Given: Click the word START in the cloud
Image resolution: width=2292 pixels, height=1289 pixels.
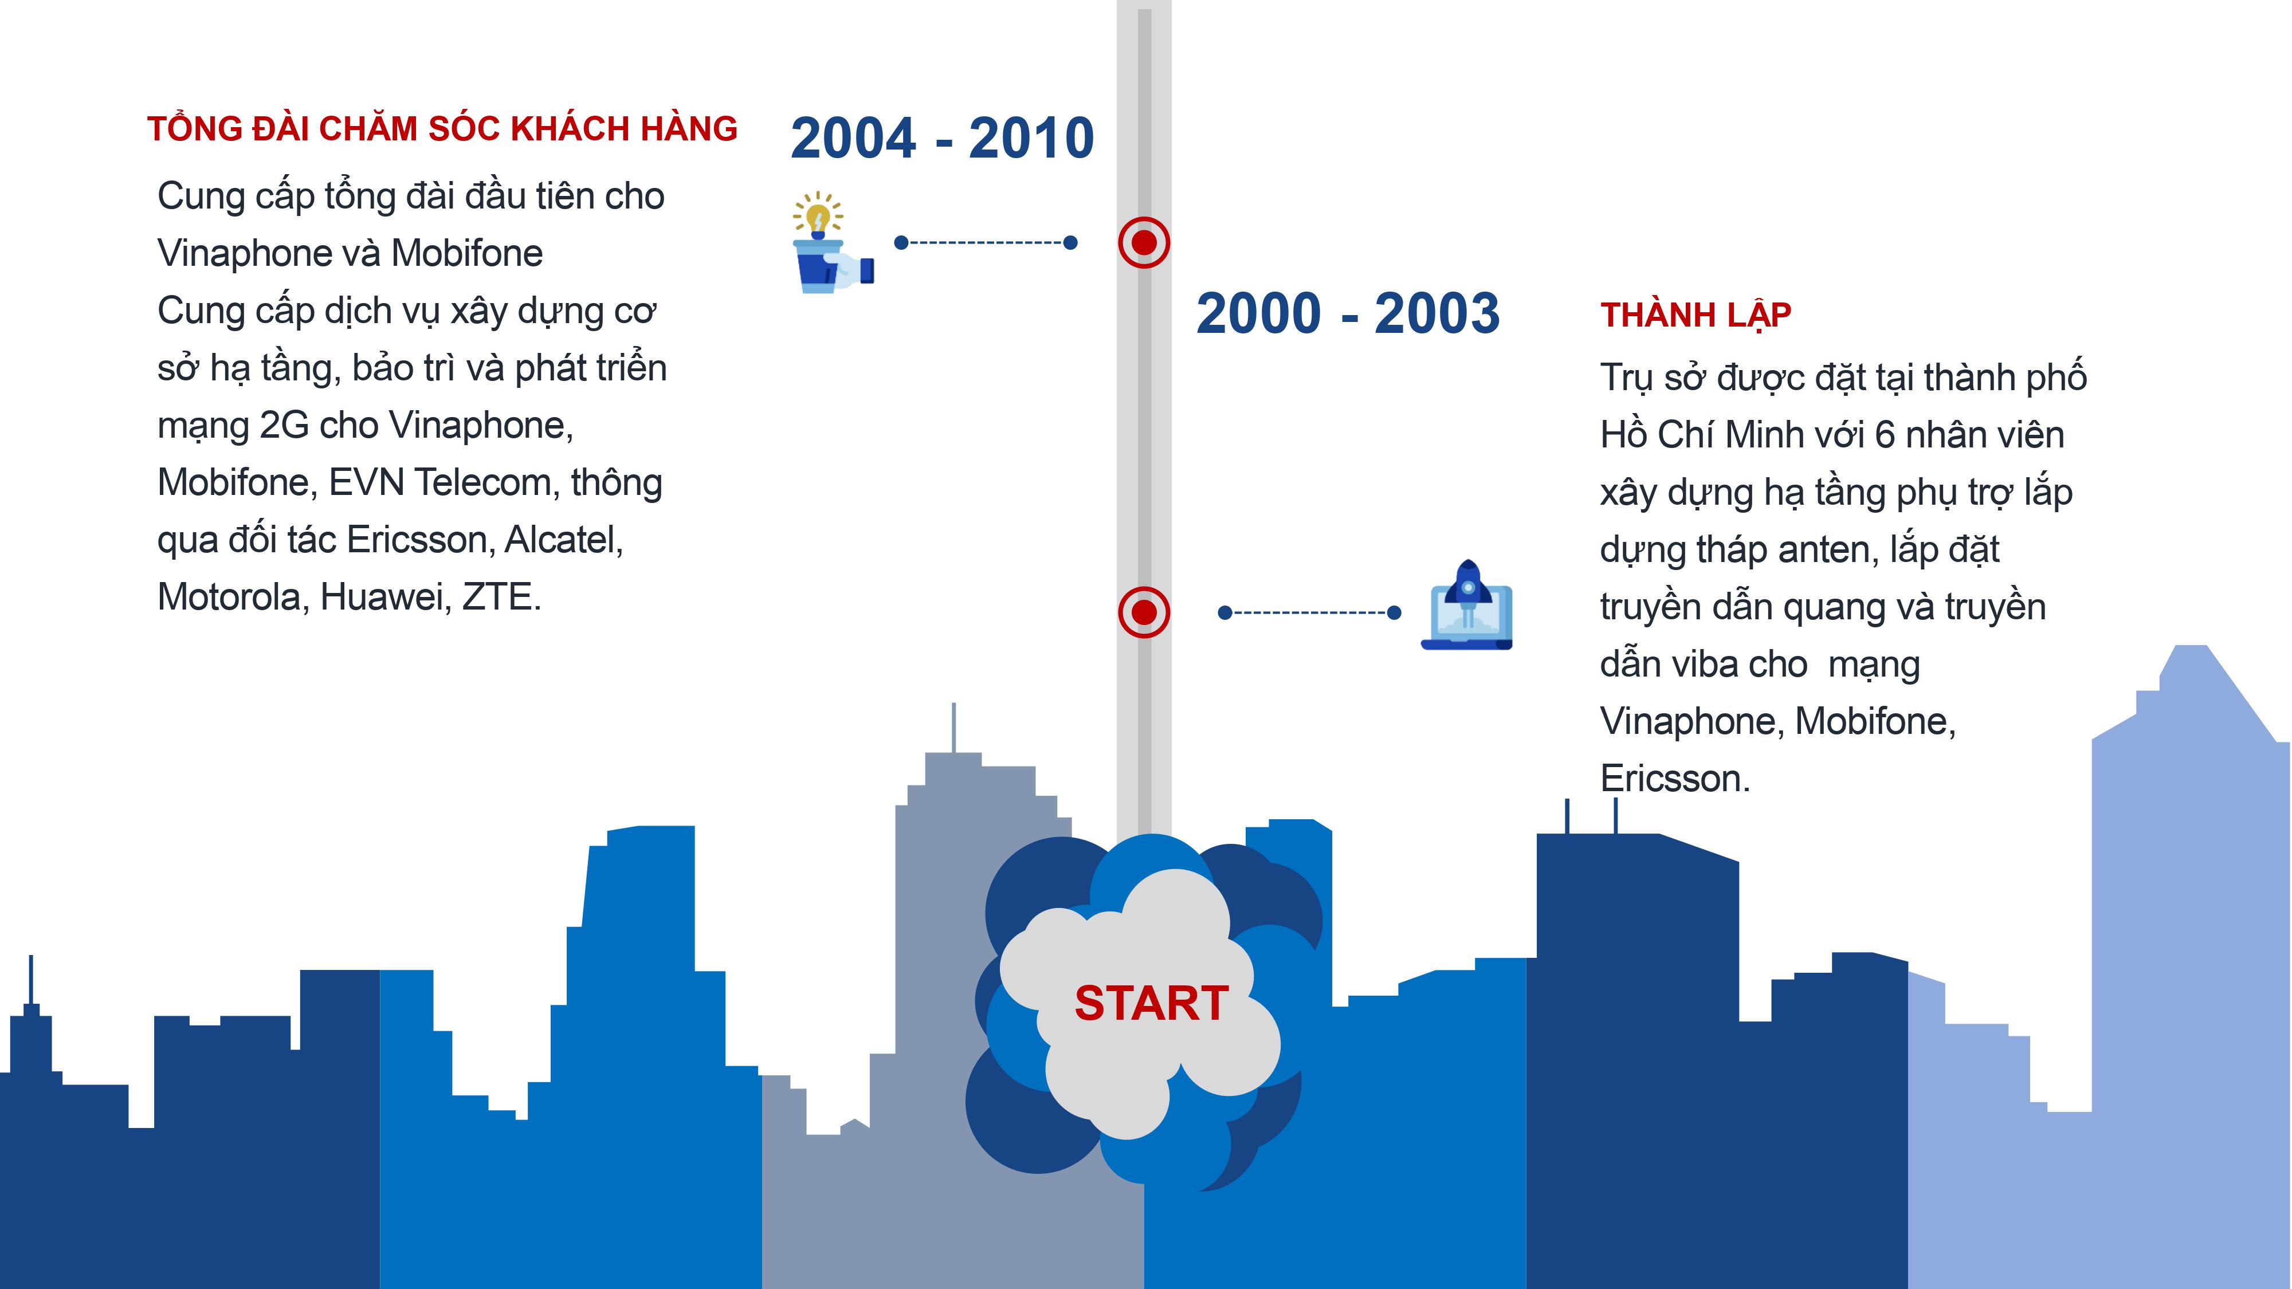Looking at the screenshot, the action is pyautogui.click(x=1151, y=1004).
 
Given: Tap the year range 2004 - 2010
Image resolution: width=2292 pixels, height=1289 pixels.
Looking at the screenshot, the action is pyautogui.click(x=942, y=138).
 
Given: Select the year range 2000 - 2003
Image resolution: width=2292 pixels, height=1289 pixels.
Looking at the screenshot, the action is pyautogui.click(x=1348, y=313).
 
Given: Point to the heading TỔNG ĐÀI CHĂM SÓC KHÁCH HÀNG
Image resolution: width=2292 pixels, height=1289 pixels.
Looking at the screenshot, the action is pyautogui.click(x=442, y=129).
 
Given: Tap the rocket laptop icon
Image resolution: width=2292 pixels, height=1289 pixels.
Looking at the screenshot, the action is pyautogui.click(x=1466, y=605).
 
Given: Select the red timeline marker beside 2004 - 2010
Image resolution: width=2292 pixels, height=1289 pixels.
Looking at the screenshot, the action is pyautogui.click(x=1144, y=242).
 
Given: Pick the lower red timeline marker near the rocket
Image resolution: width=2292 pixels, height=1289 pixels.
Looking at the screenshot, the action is pyautogui.click(x=1144, y=612).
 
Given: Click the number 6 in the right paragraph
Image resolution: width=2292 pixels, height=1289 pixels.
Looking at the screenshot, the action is pyautogui.click(x=1885, y=435).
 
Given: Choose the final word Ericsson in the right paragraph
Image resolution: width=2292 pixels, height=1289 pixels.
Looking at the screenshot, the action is pyautogui.click(x=1674, y=779).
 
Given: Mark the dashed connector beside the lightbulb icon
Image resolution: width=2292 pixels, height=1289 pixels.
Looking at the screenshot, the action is pyautogui.click(x=986, y=242).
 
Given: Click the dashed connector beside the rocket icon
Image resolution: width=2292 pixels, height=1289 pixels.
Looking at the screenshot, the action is pyautogui.click(x=1310, y=612).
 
